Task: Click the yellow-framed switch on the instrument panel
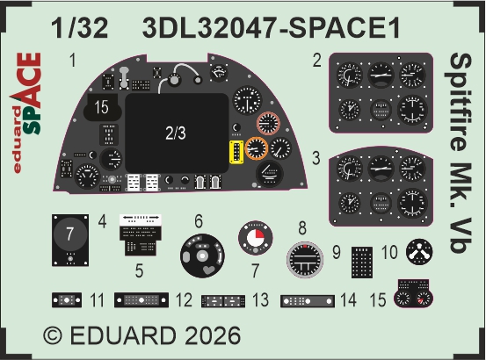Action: pos(236,152)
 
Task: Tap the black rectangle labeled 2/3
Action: pos(177,133)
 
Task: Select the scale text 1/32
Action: pos(80,28)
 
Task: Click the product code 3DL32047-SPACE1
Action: pos(272,28)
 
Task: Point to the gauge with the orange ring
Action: pos(257,148)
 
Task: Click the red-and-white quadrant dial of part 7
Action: pos(256,238)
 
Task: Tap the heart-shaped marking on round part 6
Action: pos(209,270)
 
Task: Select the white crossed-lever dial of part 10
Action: pos(419,252)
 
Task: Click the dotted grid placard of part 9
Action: pos(362,263)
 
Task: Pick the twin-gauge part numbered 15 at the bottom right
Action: pos(413,293)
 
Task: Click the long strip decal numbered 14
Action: pos(308,301)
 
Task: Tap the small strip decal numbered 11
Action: pos(67,300)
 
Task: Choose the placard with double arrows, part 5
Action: pos(141,235)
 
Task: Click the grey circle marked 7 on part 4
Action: pos(70,234)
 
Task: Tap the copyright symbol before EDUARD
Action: pos(53,336)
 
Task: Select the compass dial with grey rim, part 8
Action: pos(305,259)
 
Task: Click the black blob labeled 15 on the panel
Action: pos(101,107)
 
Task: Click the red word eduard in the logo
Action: pos(18,140)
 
